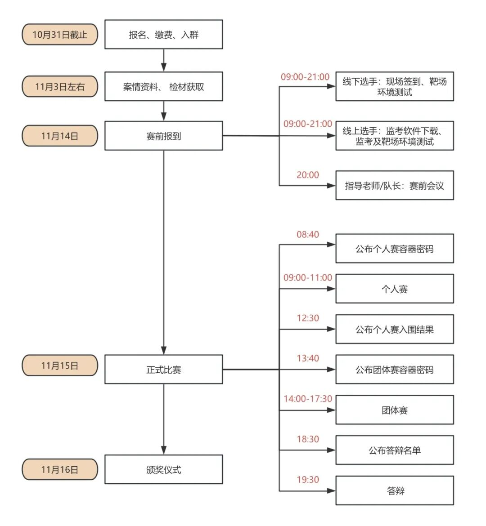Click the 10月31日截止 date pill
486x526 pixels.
click(60, 35)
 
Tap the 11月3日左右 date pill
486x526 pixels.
click(60, 87)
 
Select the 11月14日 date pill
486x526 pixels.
click(60, 136)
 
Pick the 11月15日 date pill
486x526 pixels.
click(60, 366)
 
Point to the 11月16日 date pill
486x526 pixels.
click(60, 469)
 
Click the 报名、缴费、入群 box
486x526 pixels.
click(164, 35)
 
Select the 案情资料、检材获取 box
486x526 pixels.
click(164, 87)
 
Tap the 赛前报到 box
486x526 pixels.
click(164, 136)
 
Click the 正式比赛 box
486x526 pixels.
click(164, 370)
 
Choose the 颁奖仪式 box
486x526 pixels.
click(164, 469)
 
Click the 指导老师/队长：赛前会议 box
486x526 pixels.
click(394, 185)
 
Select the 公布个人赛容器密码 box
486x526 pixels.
click(394, 249)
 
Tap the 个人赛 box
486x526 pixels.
click(394, 289)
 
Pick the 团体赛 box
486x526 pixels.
click(394, 410)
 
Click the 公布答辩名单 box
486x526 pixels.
click(394, 450)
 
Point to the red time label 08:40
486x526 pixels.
click(308, 235)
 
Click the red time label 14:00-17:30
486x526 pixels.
click(308, 399)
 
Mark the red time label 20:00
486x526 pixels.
click(308, 175)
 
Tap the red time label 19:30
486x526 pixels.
click(308, 480)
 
